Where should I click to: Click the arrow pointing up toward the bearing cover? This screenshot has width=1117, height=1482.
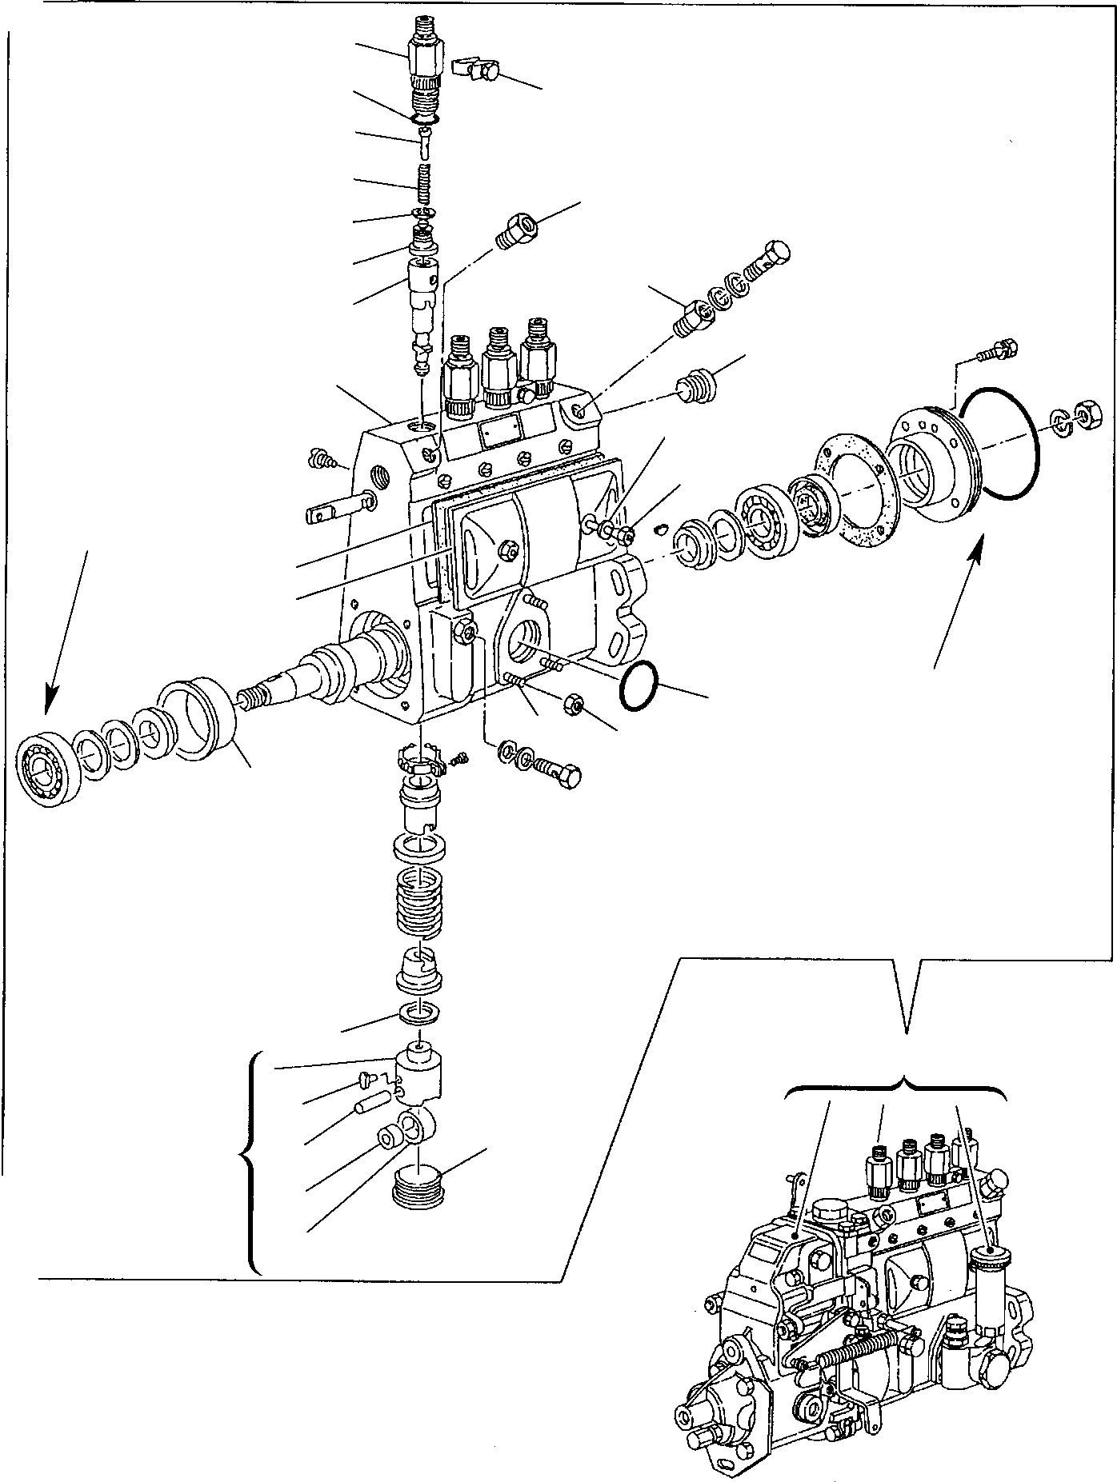click(956, 600)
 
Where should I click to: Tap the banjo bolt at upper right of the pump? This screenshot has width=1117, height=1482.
click(770, 260)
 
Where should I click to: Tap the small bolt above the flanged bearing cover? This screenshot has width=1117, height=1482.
click(999, 350)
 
